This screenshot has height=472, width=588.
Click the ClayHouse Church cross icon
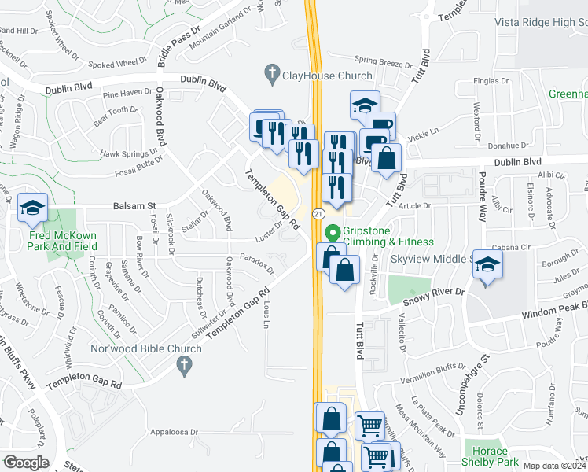tap(272, 75)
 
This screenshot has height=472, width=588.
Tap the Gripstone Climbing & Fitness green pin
tap(332, 234)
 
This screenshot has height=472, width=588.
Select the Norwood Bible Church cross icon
tap(184, 364)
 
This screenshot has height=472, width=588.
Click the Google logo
tap(26, 462)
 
